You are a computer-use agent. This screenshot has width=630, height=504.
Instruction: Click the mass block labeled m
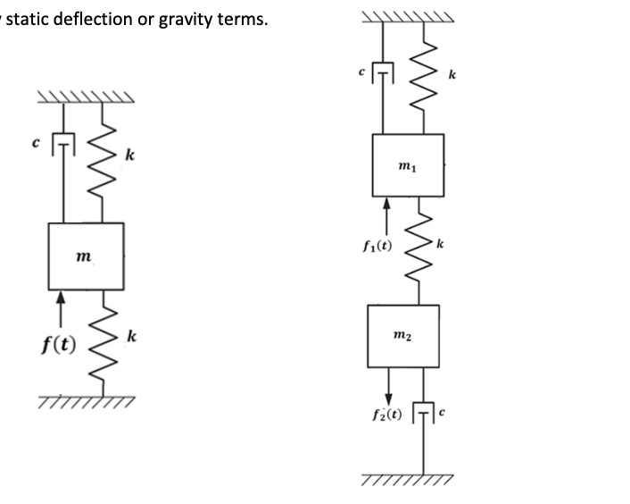pyautogui.click(x=86, y=256)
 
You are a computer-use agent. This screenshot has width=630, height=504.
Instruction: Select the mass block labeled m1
pyautogui.click(x=408, y=166)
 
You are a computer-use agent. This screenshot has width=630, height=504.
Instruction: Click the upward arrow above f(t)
pyautogui.click(x=60, y=307)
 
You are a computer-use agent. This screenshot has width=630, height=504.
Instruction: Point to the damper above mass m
pyautogui.click(x=62, y=143)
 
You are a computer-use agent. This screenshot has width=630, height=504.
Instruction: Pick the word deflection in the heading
pyautogui.click(x=88, y=18)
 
